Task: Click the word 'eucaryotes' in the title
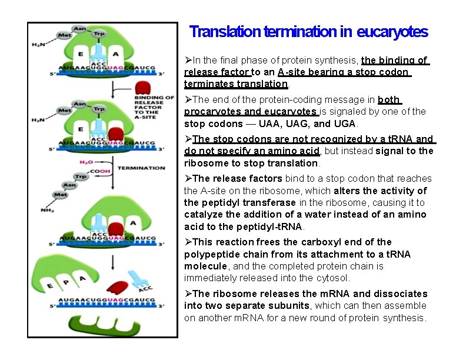click(392, 32)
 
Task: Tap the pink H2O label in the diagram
click(86, 162)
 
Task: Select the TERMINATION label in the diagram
click(141, 168)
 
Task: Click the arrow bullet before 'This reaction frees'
click(188, 242)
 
